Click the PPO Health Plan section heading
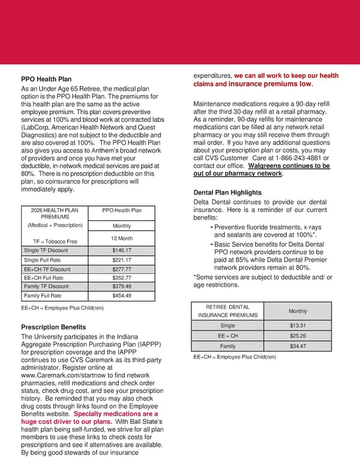pyautogui.click(x=46, y=79)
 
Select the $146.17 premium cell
pyautogui.click(x=122, y=250)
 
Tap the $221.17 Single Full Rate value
pyautogui.click(x=122, y=260)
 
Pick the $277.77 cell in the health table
pyautogui.click(x=122, y=270)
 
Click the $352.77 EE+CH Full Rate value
pyautogui.click(x=122, y=278)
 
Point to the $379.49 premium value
pyautogui.click(x=122, y=286)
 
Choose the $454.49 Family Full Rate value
pyautogui.click(x=122, y=295)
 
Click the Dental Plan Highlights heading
pyautogui.click(x=228, y=192)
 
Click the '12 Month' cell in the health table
pyautogui.click(x=122, y=238)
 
